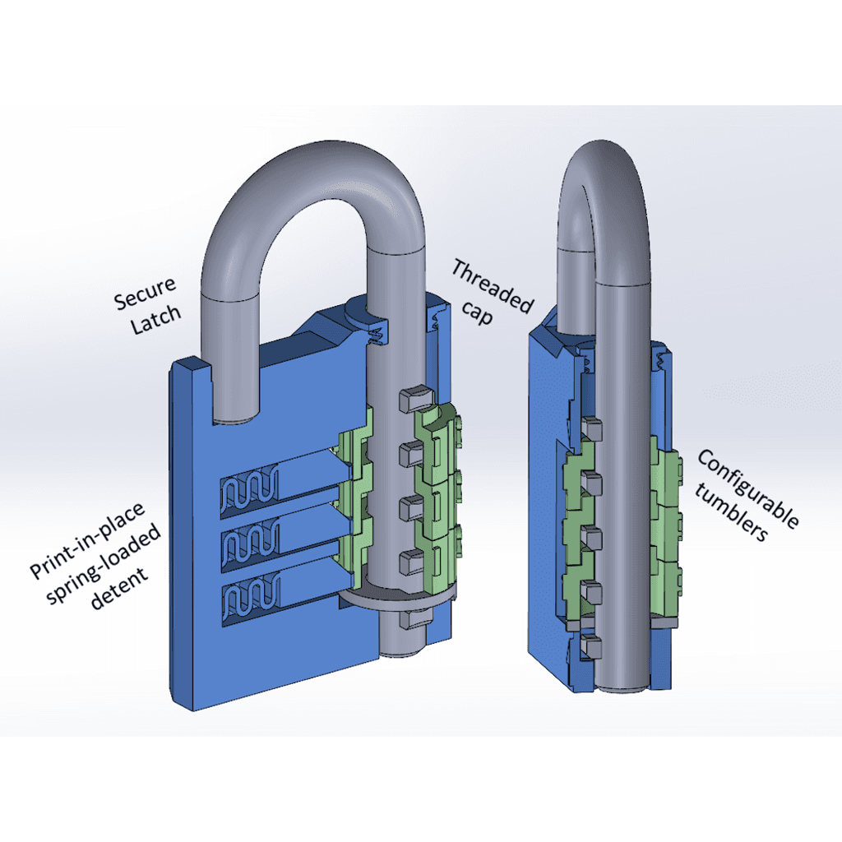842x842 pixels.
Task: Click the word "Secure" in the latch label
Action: coord(145,294)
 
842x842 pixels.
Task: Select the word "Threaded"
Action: coord(493,285)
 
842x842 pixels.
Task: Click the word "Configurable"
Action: coord(748,488)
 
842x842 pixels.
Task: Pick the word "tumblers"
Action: coord(731,512)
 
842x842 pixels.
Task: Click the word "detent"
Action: coord(119,589)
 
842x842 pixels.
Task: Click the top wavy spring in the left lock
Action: coord(250,487)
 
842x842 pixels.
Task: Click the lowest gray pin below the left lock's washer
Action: coord(414,618)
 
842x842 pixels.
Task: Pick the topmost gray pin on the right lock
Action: coord(592,428)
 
